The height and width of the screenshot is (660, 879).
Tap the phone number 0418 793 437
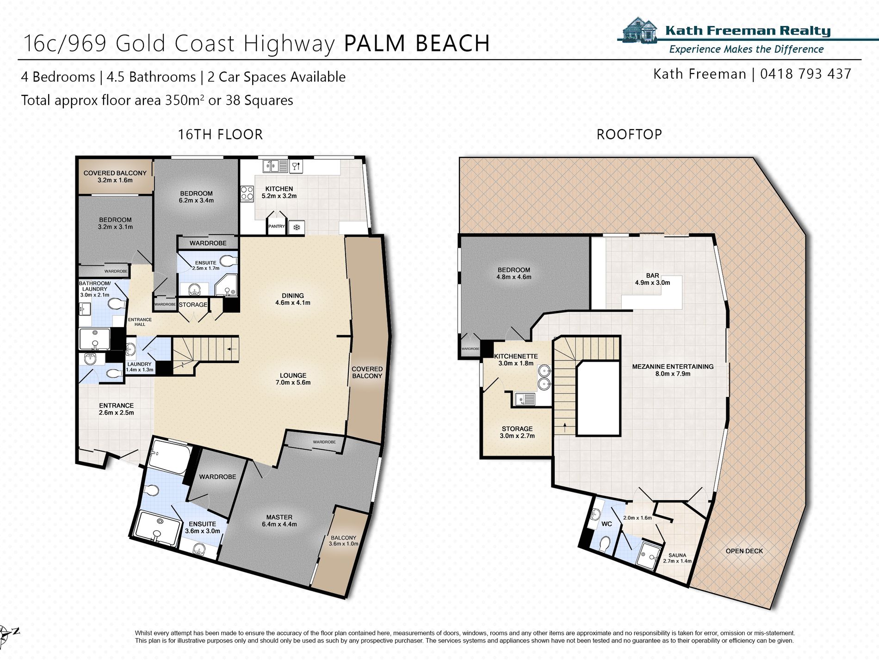click(805, 74)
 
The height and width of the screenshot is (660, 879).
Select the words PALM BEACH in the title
click(416, 44)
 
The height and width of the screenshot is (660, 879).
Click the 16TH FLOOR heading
click(220, 135)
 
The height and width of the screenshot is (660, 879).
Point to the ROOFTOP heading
click(629, 135)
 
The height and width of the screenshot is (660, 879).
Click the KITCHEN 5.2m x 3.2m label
click(279, 192)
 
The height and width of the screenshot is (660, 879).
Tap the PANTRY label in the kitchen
click(277, 226)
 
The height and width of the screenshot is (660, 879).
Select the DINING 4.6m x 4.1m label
click(293, 299)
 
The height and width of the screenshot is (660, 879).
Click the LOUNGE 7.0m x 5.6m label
click(293, 379)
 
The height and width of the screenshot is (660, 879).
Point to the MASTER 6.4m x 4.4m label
click(279, 521)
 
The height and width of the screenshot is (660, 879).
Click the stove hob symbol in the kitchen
click(247, 193)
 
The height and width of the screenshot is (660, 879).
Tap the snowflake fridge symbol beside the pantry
click(297, 227)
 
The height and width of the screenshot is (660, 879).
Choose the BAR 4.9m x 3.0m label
click(652, 279)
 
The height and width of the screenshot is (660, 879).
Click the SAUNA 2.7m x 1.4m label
click(677, 558)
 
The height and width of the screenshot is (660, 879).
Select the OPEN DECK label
click(744, 551)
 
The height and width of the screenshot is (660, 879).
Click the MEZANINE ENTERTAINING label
click(673, 370)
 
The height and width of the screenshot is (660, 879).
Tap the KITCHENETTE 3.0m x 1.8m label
click(516, 360)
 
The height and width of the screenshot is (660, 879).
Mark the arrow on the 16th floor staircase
click(231, 349)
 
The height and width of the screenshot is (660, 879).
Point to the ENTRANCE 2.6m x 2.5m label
click(116, 409)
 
